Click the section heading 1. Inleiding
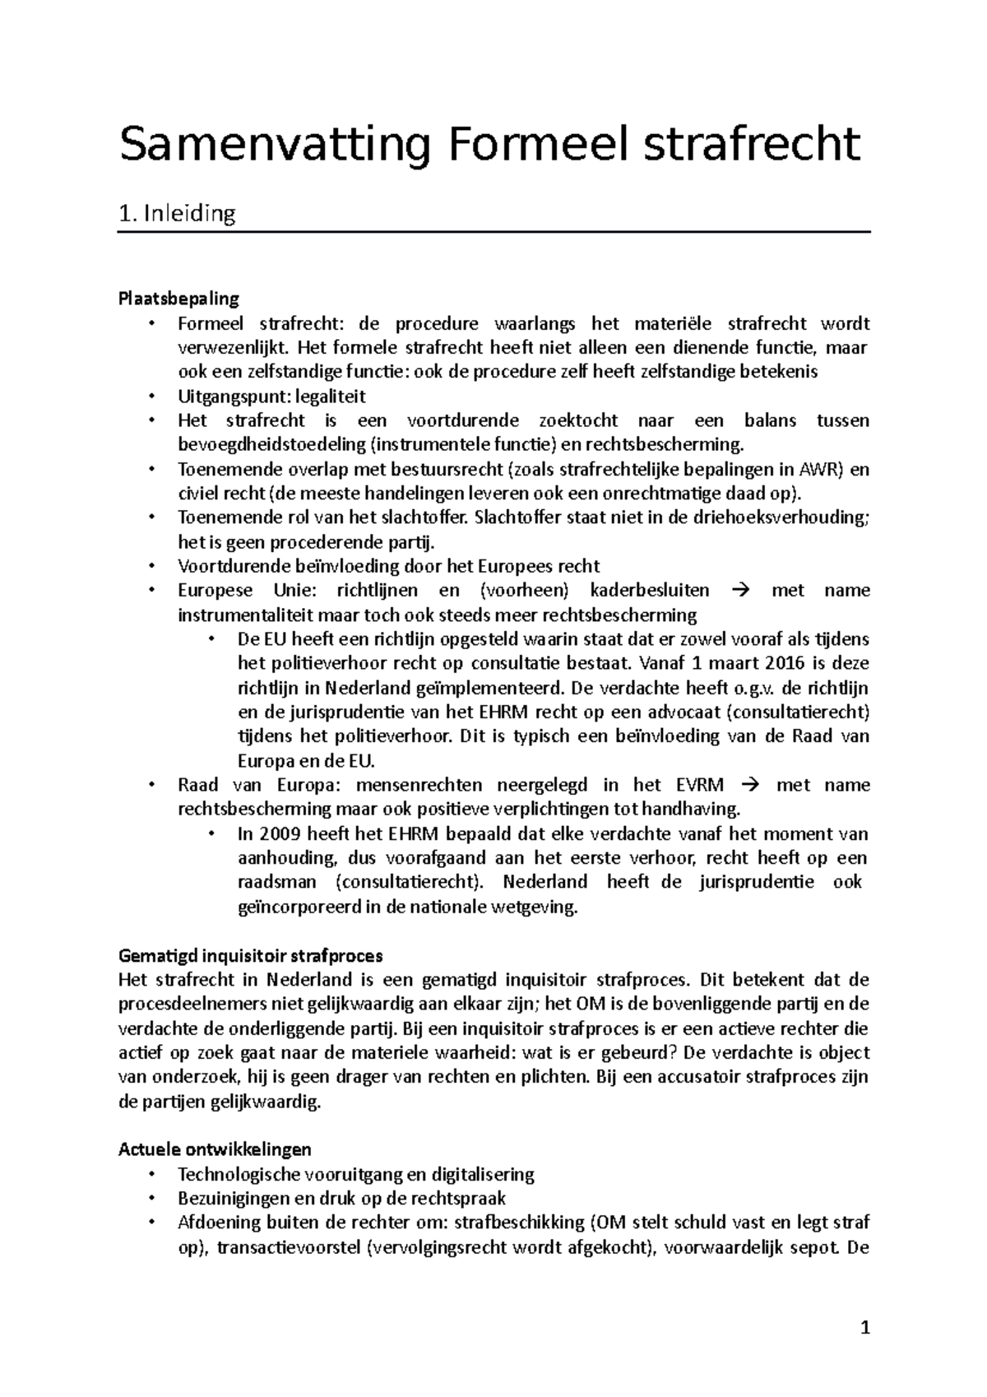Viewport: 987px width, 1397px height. tap(177, 214)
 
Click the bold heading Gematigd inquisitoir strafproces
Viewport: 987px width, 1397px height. tap(251, 956)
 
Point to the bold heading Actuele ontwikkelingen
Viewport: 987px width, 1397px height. tap(215, 1149)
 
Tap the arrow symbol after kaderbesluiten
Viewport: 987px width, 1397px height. tap(741, 591)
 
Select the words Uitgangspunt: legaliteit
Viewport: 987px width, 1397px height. tap(271, 397)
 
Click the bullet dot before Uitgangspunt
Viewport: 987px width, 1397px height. tap(151, 397)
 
